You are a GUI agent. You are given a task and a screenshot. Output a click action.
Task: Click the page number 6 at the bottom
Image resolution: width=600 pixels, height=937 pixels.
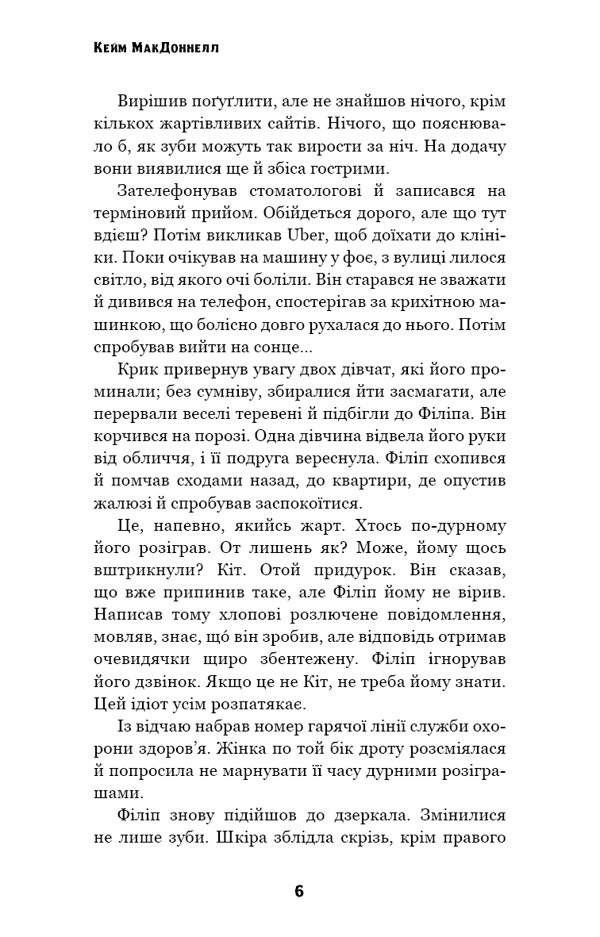point(299,891)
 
